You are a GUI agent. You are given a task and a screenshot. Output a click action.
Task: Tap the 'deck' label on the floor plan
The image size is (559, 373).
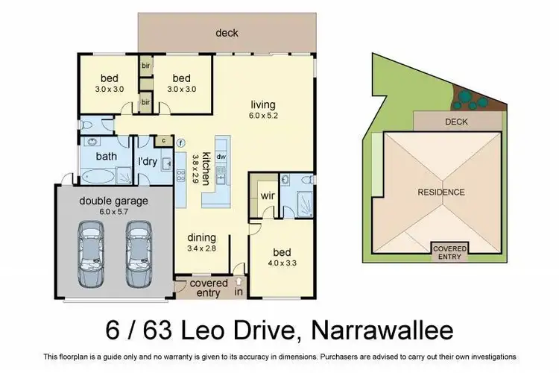(x=227, y=33)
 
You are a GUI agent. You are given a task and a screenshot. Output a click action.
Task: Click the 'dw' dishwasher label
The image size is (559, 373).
(x=221, y=157)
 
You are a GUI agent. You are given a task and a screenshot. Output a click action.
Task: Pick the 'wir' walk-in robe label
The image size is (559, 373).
(x=268, y=196)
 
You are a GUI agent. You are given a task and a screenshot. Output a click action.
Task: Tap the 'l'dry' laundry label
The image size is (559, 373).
(x=146, y=162)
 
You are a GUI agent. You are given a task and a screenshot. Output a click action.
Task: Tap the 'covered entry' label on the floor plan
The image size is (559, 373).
(x=209, y=288)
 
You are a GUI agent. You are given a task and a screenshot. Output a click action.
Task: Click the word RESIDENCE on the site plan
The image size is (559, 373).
(x=441, y=192)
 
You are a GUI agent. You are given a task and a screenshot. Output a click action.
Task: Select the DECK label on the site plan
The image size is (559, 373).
(x=456, y=121)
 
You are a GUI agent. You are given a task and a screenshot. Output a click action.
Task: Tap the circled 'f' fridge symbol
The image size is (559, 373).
(x=180, y=141)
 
